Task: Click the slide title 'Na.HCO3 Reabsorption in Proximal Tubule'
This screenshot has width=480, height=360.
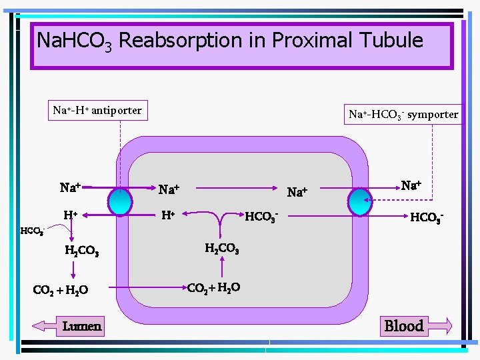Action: point(230,41)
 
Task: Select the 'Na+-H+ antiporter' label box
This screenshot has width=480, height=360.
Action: point(97,111)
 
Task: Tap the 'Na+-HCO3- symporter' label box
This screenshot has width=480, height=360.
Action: point(403,114)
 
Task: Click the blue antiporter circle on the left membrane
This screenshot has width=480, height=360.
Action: point(121,200)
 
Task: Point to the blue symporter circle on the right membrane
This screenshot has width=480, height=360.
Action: point(363,201)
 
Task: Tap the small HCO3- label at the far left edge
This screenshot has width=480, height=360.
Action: point(32,231)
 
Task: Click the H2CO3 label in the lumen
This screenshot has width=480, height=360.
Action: point(82,251)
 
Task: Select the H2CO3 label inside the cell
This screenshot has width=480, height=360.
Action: point(222,249)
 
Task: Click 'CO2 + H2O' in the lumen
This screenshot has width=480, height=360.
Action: point(61,290)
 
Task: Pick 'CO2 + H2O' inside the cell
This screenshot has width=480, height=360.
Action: point(213,288)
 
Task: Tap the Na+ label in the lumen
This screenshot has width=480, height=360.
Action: point(70,187)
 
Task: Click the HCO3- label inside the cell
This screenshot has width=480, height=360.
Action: point(261,216)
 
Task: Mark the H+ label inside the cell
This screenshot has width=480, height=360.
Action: point(169,215)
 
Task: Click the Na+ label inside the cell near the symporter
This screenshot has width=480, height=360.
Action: point(297,193)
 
